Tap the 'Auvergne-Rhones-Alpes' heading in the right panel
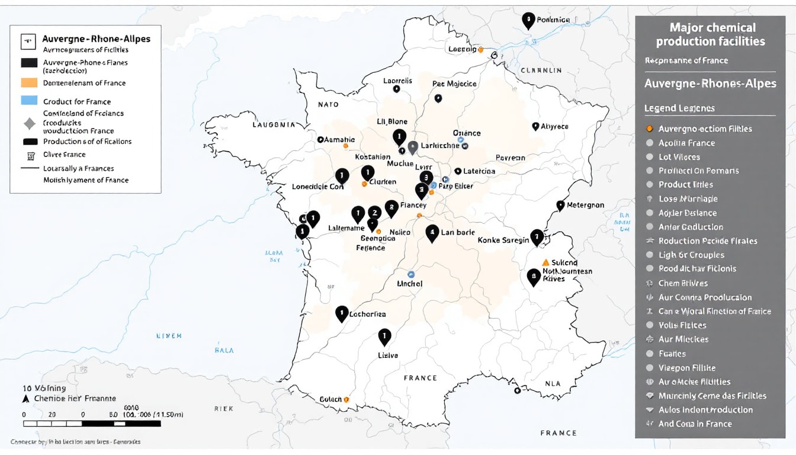click(710, 84)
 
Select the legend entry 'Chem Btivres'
click(683, 283)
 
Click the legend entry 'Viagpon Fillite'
click(687, 368)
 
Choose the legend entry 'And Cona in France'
click(695, 424)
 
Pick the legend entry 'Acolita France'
click(686, 143)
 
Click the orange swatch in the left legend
click(29, 83)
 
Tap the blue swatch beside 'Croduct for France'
click(29, 101)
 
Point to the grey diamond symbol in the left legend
click(29, 123)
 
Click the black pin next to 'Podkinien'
click(528, 20)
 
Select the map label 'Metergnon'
click(585, 205)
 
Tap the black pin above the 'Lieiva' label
click(384, 337)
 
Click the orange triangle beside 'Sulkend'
click(545, 262)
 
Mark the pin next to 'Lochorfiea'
click(341, 313)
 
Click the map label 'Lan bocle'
click(458, 232)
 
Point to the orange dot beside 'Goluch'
click(346, 400)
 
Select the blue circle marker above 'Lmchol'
click(410, 274)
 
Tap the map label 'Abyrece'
click(554, 126)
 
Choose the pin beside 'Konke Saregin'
click(537, 236)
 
